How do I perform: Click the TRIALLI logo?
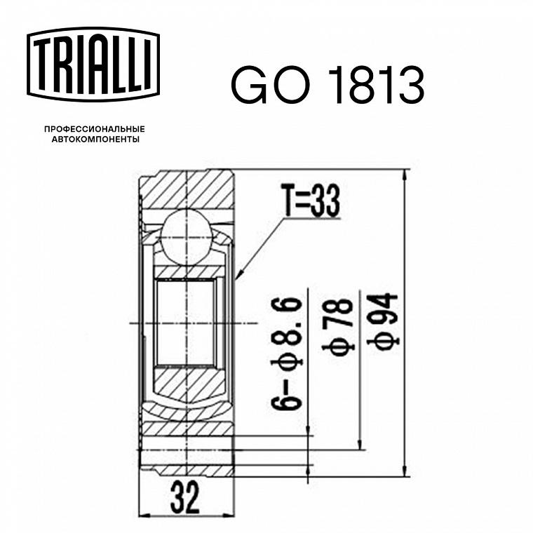point(93,65)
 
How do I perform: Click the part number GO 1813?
point(328,85)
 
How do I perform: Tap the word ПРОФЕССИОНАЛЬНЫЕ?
point(95,129)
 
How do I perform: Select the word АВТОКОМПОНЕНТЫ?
point(95,140)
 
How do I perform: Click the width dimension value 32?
point(184,498)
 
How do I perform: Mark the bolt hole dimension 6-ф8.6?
point(286,353)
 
